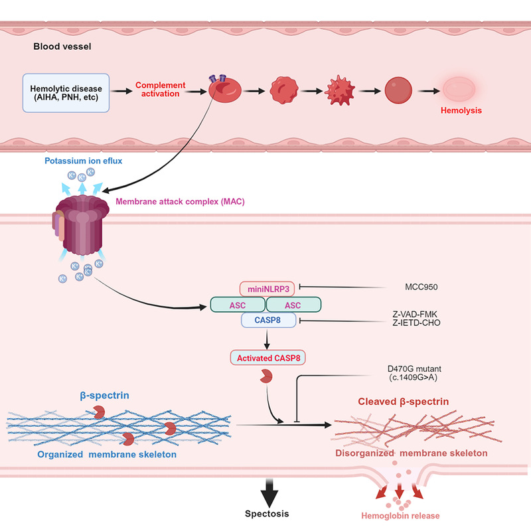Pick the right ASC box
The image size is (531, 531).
click(x=293, y=305)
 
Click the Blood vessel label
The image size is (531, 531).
click(x=60, y=48)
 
